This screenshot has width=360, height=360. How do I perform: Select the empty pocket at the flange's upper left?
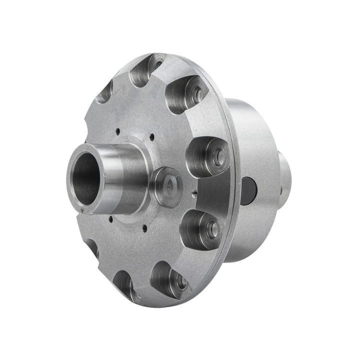pyautogui.click(x=106, y=92)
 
